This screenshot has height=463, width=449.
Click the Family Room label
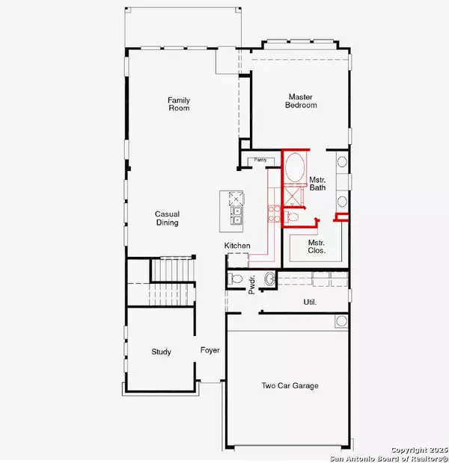(x=179, y=104)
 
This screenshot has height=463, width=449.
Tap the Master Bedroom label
(x=301, y=101)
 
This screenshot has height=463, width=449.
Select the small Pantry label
(x=260, y=160)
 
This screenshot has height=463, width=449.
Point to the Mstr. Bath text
(x=317, y=184)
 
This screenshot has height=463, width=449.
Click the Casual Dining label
(x=167, y=218)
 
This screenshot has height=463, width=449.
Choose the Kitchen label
(x=237, y=246)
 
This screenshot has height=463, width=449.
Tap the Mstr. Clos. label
(x=317, y=246)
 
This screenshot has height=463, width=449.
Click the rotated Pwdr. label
(x=251, y=285)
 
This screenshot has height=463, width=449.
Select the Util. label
(x=310, y=302)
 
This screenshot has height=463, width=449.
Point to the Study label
(x=162, y=352)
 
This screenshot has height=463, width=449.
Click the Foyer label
(x=210, y=350)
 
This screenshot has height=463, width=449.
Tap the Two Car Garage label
(x=290, y=385)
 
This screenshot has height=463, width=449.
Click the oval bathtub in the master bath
(x=295, y=167)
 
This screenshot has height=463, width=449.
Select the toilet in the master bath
(x=291, y=217)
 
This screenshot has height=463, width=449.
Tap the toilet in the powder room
(x=235, y=279)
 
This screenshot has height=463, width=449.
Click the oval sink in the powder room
(x=270, y=279)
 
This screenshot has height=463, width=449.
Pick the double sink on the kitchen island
(x=236, y=215)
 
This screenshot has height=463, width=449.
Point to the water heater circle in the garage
(x=341, y=320)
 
